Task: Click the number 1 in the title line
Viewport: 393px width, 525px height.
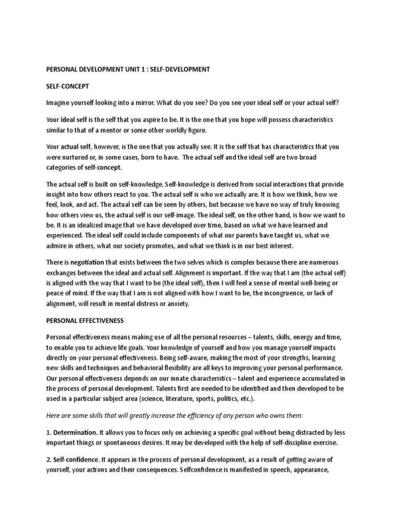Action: click(134, 69)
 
